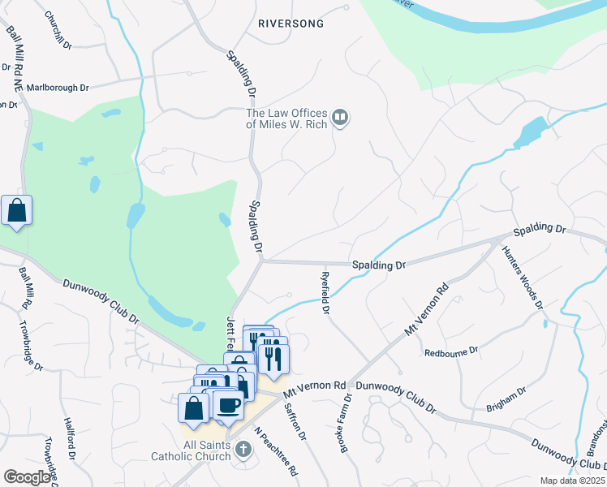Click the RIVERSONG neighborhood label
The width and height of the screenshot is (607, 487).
[291, 24]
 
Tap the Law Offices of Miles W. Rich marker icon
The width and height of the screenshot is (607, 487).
[341, 119]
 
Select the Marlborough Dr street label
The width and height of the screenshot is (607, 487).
[58, 87]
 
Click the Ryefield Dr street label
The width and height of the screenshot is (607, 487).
[324, 292]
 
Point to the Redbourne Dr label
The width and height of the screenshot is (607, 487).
[451, 352]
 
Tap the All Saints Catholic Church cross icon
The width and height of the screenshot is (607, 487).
[243, 448]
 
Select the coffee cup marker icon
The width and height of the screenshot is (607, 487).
[227, 404]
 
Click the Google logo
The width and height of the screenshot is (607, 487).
[28, 477]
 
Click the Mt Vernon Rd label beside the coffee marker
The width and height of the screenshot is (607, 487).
[315, 386]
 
